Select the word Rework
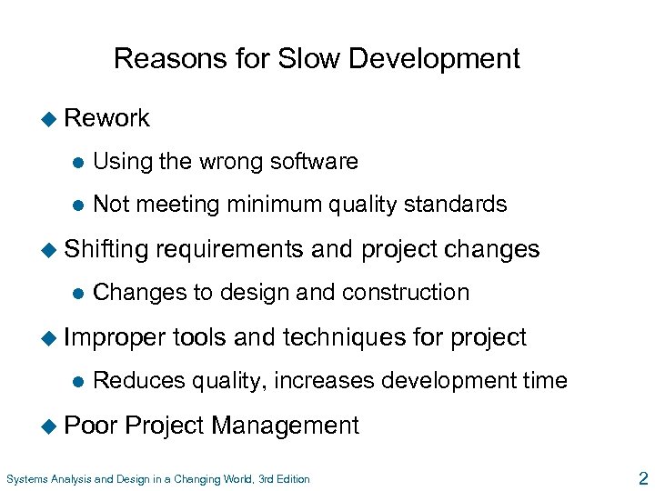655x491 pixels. (107, 118)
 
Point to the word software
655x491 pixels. (308, 162)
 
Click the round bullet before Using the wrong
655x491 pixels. (79, 163)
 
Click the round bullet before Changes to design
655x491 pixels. (79, 293)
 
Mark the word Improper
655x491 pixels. (114, 337)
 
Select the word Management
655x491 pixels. (287, 425)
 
